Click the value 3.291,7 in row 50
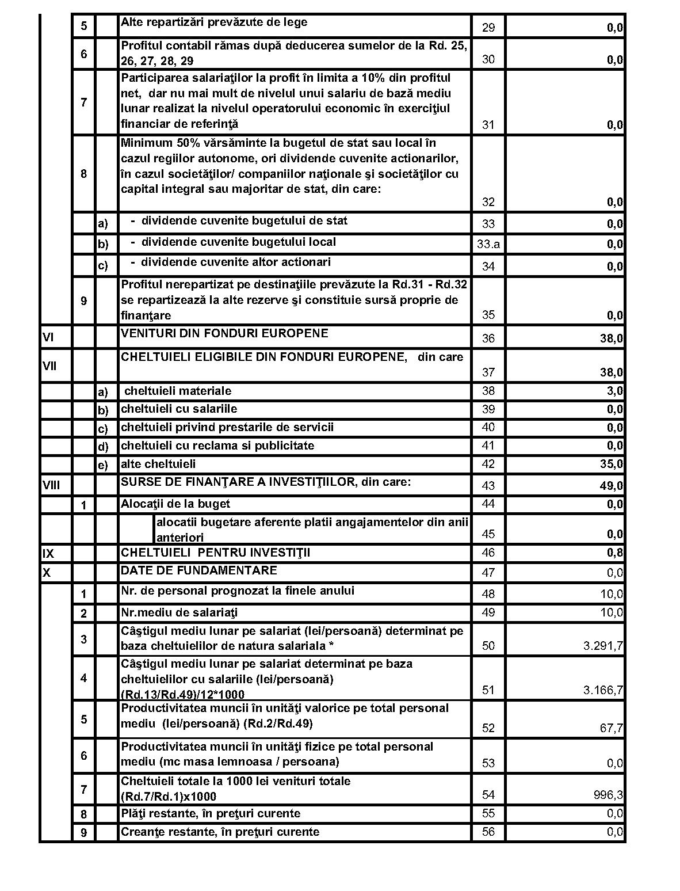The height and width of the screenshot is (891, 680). point(603,646)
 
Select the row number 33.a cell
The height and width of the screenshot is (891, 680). point(488,244)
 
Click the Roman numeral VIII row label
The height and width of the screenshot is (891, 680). point(51,485)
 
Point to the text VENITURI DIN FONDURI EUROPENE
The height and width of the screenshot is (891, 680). point(224,333)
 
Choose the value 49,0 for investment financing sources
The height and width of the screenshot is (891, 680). point(611,486)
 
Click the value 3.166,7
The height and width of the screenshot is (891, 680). point(603,690)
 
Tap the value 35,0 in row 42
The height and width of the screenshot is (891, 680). point(611,464)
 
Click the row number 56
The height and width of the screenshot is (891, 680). point(488,832)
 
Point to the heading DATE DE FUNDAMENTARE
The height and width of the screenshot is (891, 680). point(198,570)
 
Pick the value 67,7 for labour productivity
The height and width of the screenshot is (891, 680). point(611,728)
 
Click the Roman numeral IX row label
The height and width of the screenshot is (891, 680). point(48,554)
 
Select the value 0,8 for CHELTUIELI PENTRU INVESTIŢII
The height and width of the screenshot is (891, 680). point(614,553)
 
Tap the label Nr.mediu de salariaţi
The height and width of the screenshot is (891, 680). point(179,612)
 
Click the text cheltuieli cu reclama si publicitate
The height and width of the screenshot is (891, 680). point(217,445)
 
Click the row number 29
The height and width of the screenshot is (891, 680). point(488,28)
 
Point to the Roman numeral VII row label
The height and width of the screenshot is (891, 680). point(49,365)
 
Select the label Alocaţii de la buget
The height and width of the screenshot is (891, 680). point(175,504)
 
